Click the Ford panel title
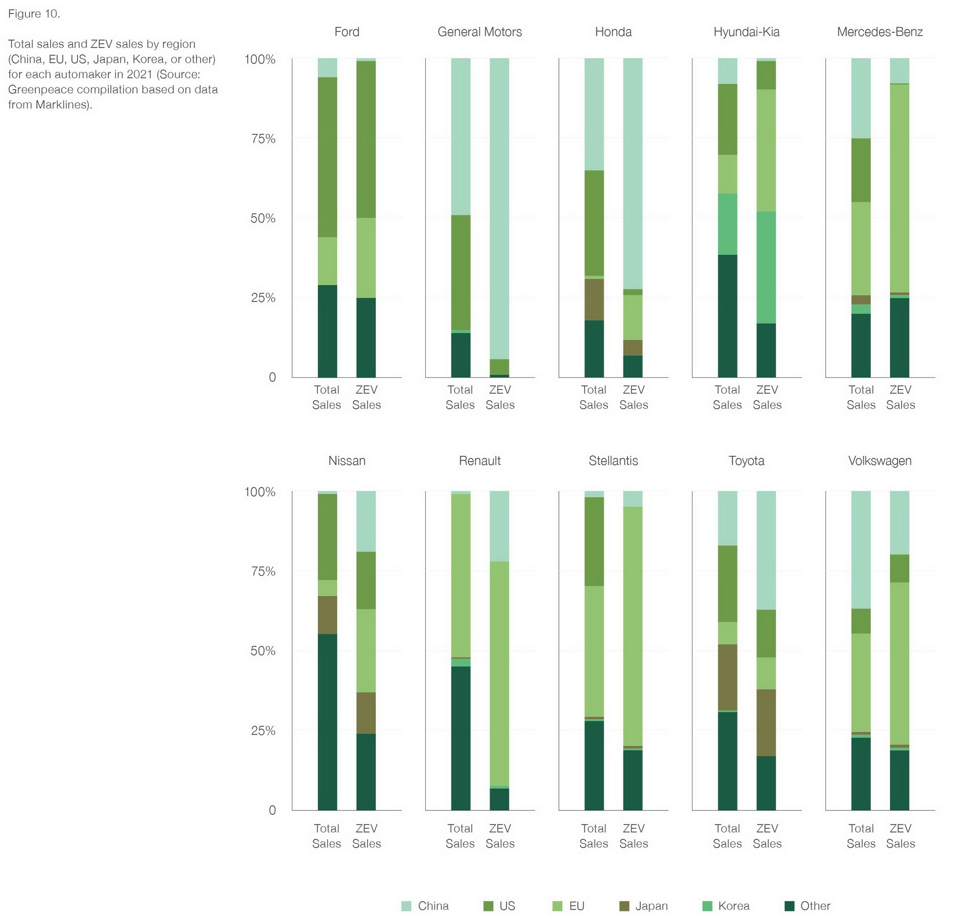pos(347,32)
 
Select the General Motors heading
pos(479,32)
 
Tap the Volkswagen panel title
pos(879,461)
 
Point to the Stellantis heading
pos(613,461)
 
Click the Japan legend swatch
pos(624,906)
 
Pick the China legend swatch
pos(406,906)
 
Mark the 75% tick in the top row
pos(263,139)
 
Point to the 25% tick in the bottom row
pos(263,730)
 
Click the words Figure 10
pos(34,14)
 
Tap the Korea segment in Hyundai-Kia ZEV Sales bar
pos(766,267)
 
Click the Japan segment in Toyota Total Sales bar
pos(727,677)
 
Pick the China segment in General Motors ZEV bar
pos(499,208)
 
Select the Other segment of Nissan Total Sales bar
pos(328,722)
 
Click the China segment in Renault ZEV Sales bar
pos(499,526)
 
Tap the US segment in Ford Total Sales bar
pos(328,157)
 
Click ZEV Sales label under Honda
pos(633,397)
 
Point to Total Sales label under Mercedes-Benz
pos(861,397)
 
